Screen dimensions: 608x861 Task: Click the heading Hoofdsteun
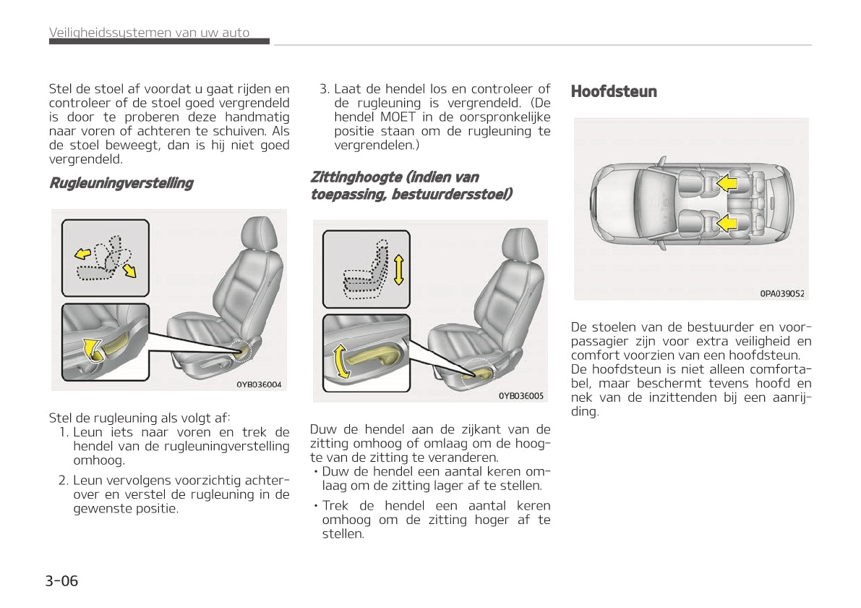[614, 92]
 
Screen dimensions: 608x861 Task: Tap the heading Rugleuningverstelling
[121, 183]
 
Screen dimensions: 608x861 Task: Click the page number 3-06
[61, 580]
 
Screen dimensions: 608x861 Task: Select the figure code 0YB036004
[258, 384]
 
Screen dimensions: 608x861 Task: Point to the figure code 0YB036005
[521, 395]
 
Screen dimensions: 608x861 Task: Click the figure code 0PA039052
[781, 293]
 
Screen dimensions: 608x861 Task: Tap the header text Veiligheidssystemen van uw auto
[149, 33]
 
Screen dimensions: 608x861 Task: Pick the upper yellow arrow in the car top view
[727, 184]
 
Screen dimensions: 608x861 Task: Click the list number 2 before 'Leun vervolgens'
[63, 480]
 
